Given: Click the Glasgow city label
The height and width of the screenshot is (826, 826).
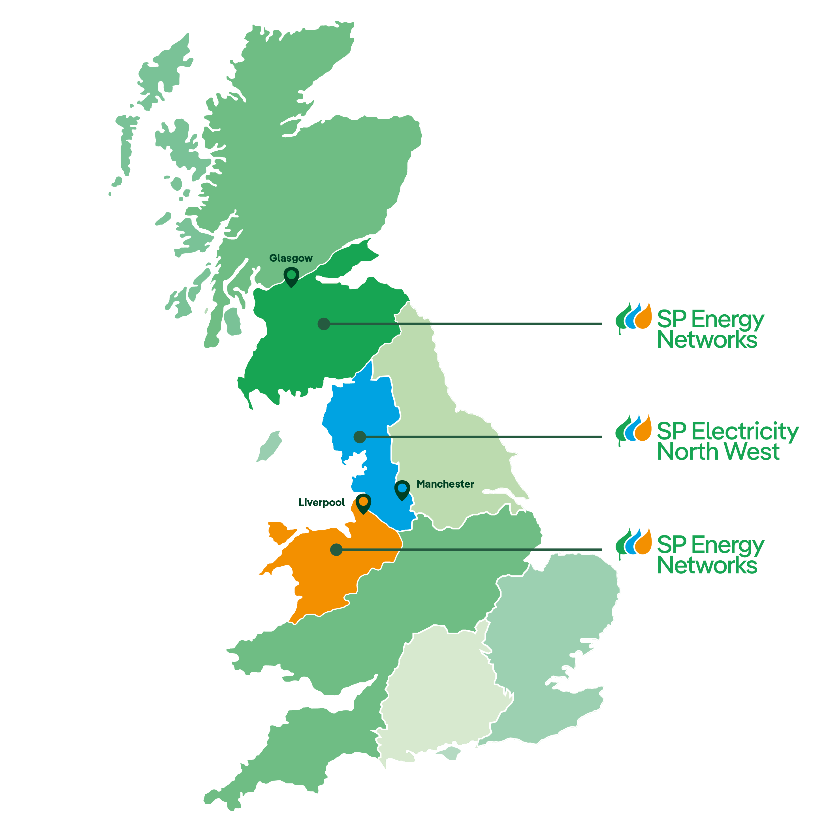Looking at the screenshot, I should point(291,258).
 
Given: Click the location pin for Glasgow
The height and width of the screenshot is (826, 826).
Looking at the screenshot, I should point(291,276).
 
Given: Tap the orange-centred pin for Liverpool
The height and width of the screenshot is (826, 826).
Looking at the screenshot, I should point(363,503).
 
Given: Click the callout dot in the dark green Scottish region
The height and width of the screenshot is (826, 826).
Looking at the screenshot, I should point(324,324).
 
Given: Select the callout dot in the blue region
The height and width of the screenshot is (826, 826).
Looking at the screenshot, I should point(360,437).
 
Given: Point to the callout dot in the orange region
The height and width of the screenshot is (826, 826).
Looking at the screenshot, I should point(336,549).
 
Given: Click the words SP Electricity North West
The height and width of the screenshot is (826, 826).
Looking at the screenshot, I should point(727,441).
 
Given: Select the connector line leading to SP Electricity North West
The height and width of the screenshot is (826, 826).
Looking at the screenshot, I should point(483,437).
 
